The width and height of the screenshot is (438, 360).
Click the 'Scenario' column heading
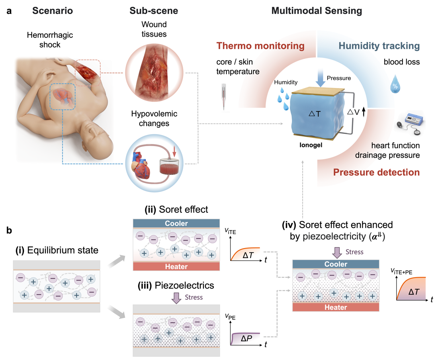point(53,11)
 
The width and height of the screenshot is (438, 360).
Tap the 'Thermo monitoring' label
point(260,46)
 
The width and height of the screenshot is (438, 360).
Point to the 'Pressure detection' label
point(376,172)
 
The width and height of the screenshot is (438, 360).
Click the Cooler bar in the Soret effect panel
point(176,223)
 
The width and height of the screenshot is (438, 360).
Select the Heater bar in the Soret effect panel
point(176,266)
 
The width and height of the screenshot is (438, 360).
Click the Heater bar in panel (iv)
point(335,307)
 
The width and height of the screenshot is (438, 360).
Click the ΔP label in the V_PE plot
point(246,339)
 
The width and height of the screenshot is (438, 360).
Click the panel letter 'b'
point(9,230)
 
